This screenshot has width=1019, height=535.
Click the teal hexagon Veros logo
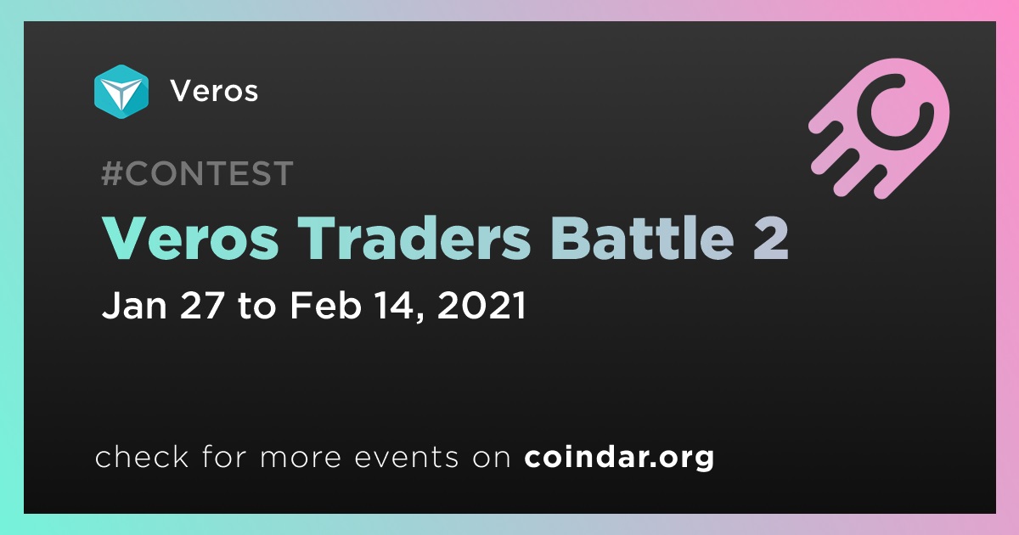[x=121, y=92]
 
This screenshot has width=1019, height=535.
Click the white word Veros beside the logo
[x=214, y=91]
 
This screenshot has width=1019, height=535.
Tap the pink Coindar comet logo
[x=879, y=128]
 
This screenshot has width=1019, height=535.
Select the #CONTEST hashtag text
[x=197, y=173]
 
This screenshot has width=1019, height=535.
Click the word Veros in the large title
[x=190, y=239]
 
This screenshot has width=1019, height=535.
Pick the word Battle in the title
[x=642, y=238]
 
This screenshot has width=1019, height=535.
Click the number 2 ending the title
[x=770, y=238]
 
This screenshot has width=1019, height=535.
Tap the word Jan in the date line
[x=135, y=305]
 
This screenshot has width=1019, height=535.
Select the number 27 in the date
[x=202, y=305]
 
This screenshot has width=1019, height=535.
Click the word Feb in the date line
[x=326, y=305]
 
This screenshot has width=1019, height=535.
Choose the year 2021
[x=481, y=305]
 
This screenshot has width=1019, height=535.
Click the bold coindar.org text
[x=619, y=457]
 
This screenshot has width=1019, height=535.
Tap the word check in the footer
[x=142, y=456]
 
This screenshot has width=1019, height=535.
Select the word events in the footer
[x=407, y=457]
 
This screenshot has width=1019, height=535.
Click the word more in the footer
[x=301, y=458]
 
